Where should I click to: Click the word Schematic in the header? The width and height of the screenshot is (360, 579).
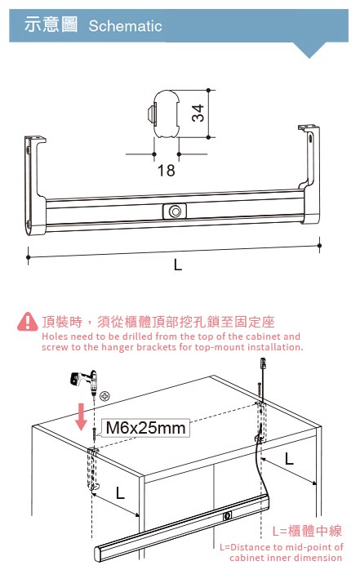tap(125, 26)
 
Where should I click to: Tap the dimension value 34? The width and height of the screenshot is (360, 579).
tap(198, 113)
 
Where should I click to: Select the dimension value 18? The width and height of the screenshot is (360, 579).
tap(167, 170)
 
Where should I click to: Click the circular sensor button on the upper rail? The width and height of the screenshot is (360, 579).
tap(175, 212)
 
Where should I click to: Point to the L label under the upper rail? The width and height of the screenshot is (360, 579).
tap(178, 265)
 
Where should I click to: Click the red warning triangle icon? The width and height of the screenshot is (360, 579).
tap(28, 322)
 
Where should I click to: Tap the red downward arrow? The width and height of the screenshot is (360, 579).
tap(82, 417)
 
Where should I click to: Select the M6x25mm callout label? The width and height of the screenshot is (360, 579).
tap(145, 428)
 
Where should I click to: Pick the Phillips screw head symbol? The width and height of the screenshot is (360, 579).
tap(104, 396)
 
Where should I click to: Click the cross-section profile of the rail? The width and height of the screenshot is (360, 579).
tap(165, 114)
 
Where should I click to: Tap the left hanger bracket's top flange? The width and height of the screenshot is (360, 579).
tap(36, 139)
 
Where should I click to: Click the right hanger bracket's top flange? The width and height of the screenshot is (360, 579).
tap(309, 127)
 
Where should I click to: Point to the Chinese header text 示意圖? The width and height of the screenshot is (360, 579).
tap(51, 24)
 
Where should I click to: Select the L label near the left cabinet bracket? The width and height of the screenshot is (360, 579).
tap(120, 492)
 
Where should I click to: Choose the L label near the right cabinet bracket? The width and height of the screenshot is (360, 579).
tap(289, 459)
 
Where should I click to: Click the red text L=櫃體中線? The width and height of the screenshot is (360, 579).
tap(307, 531)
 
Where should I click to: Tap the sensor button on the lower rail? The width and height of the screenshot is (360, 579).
tap(228, 515)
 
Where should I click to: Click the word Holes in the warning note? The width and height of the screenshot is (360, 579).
tap(55, 336)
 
